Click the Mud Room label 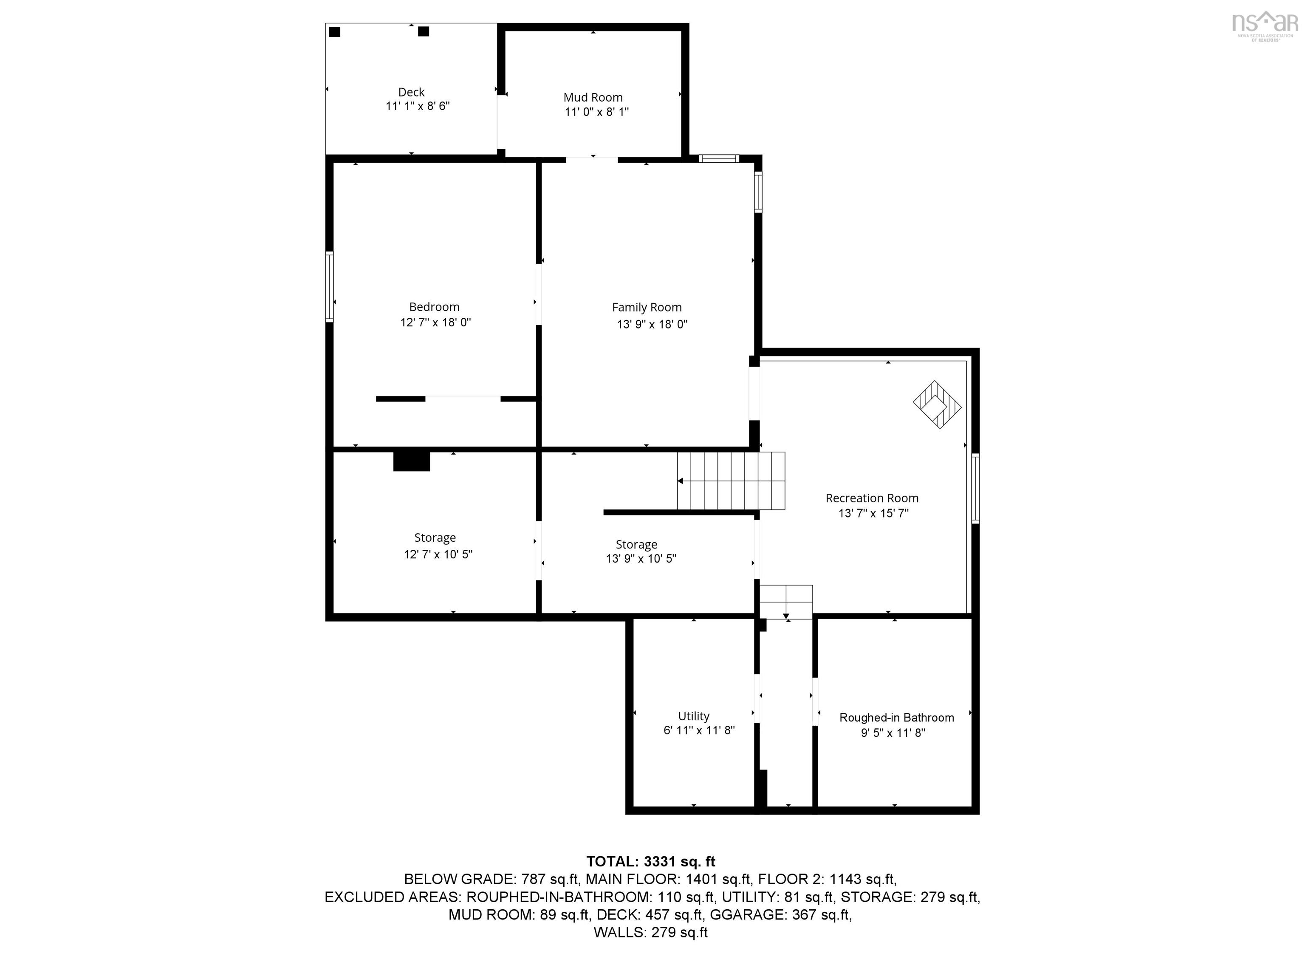tap(593, 97)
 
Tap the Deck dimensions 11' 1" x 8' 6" tap(418, 106)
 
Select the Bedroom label tap(434, 307)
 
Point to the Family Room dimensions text tap(652, 324)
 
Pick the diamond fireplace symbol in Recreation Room tap(937, 405)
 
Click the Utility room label tap(694, 716)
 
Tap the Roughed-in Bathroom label tap(897, 718)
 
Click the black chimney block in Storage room tap(412, 461)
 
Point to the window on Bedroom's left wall tap(330, 287)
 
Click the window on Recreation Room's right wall tap(976, 488)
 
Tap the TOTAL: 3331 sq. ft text tap(651, 862)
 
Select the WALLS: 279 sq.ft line tap(651, 932)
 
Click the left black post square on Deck tap(334, 32)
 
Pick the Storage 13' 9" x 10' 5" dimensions tap(641, 559)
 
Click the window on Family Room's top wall tap(719, 158)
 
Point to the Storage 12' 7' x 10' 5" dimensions tap(438, 554)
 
